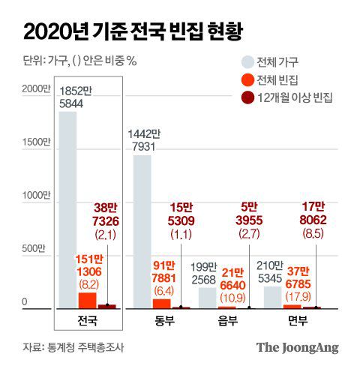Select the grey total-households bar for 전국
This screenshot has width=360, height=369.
point(67,210)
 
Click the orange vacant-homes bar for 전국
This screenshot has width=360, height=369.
point(87,300)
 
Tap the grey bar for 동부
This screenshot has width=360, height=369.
point(142,232)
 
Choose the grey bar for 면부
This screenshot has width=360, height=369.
point(273,297)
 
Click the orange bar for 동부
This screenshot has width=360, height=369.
point(161,304)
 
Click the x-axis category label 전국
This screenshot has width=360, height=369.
point(87,321)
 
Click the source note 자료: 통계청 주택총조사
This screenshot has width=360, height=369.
point(72,347)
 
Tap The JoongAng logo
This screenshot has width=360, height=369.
point(297,347)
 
